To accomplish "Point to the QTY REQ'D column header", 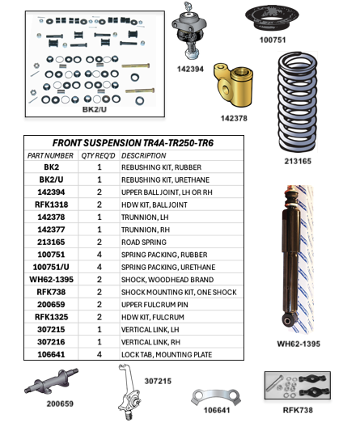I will click(x=100, y=155).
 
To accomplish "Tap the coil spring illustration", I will click(x=306, y=103).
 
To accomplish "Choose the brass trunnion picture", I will click(x=235, y=87).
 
